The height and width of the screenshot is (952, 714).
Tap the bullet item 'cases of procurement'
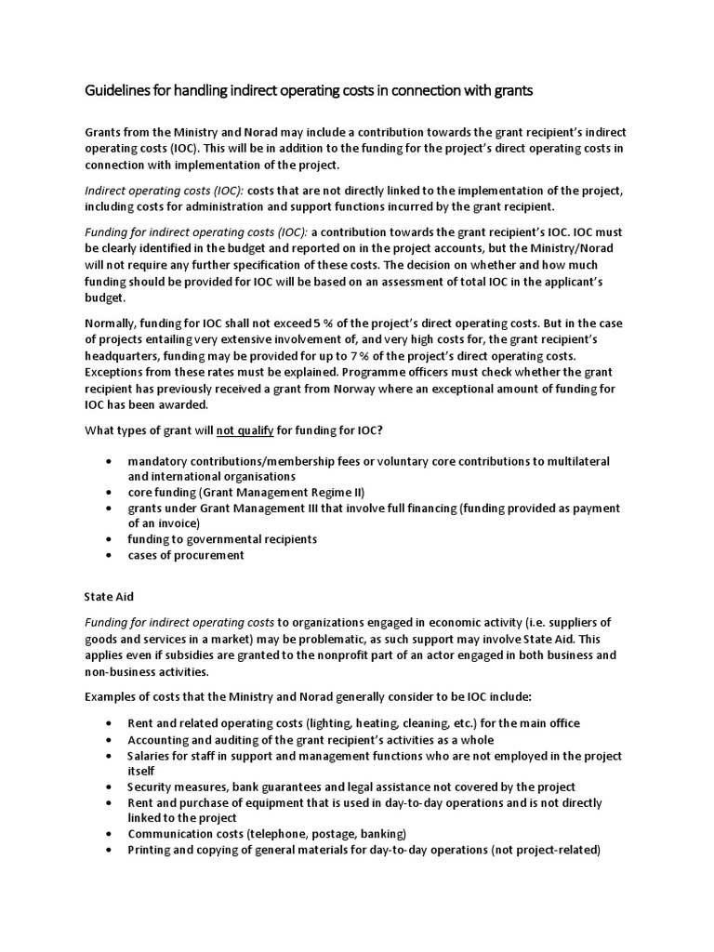[x=186, y=555]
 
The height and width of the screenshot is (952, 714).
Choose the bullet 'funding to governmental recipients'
[x=222, y=539]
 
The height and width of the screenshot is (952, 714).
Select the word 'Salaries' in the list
[x=152, y=756]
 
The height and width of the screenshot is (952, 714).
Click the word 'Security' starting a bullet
[x=153, y=787]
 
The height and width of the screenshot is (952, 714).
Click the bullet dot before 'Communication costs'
[x=112, y=834]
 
